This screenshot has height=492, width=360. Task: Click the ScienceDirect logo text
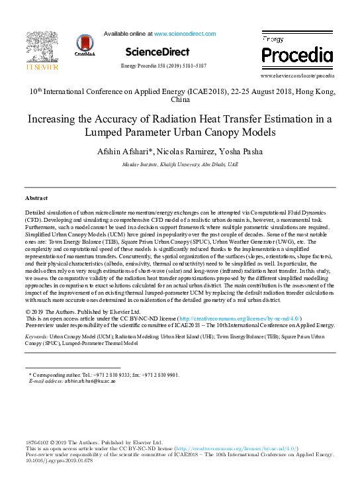[x=157, y=52]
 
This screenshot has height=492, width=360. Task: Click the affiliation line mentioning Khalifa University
[x=179, y=164]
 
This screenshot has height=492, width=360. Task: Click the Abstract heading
[x=36, y=198]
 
